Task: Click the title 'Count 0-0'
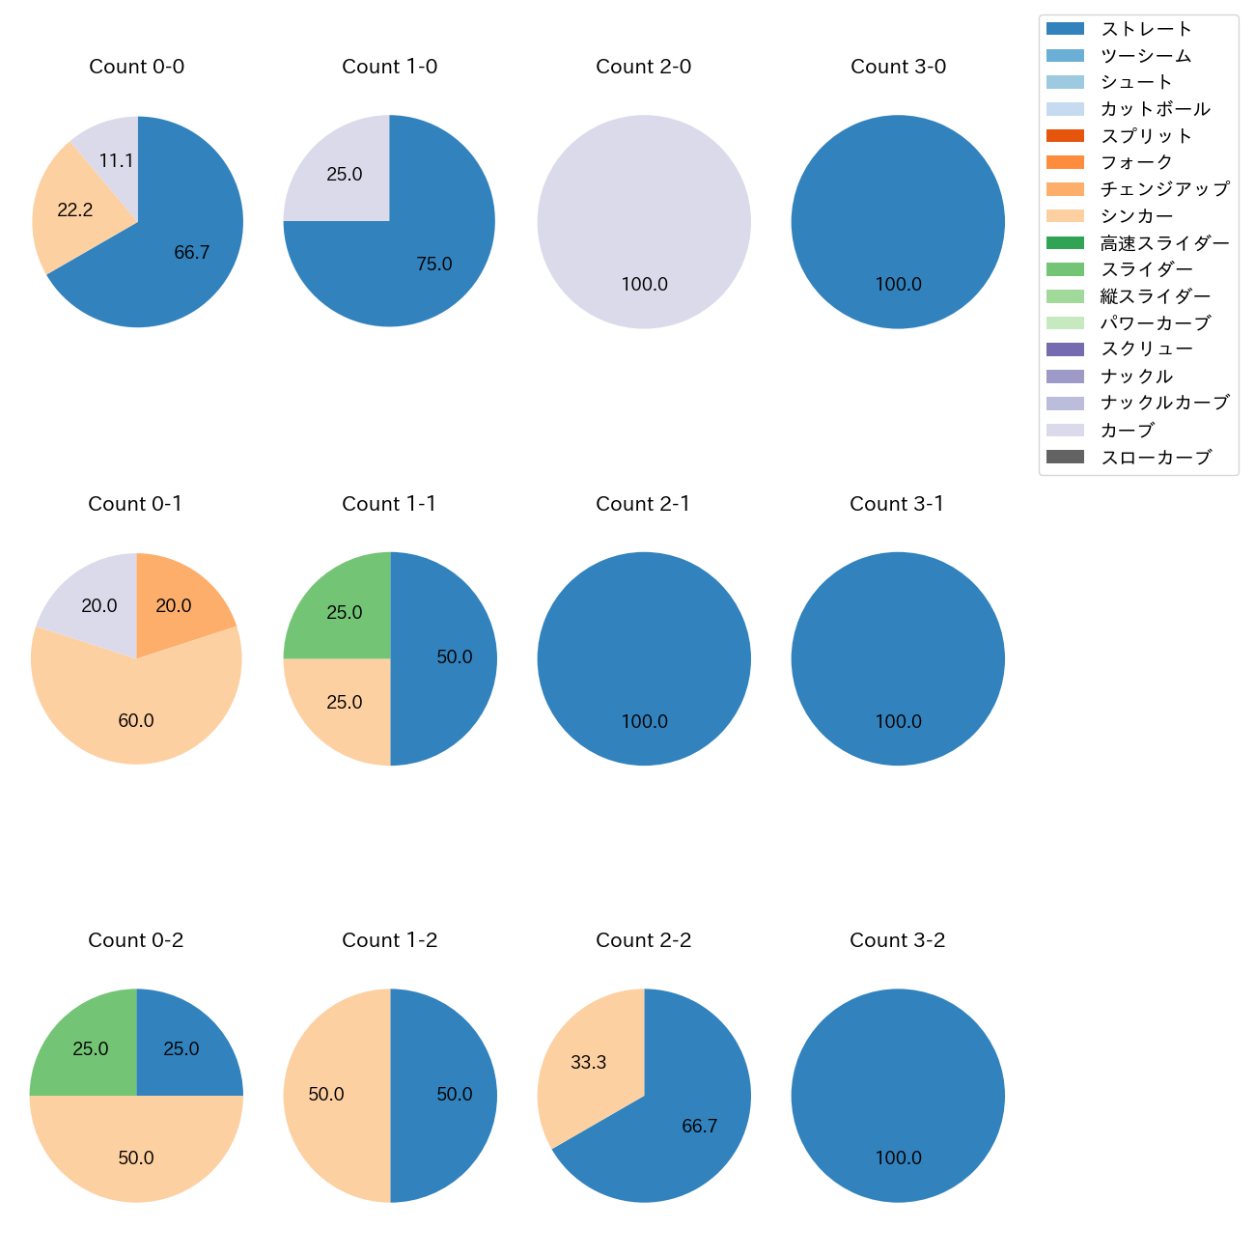(137, 67)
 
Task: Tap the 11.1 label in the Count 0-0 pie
(116, 161)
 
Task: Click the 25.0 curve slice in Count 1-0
(344, 175)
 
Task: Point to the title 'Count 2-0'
(644, 67)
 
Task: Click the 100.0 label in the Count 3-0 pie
(898, 285)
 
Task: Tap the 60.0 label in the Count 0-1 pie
(136, 721)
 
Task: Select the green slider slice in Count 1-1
(343, 613)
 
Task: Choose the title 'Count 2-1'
(644, 504)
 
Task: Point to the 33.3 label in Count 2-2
(588, 1063)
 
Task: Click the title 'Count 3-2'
(898, 940)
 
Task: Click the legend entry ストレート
(1146, 29)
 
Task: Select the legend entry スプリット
(1146, 136)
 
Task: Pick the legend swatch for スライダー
(1065, 269)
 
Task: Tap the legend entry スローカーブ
(1156, 458)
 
